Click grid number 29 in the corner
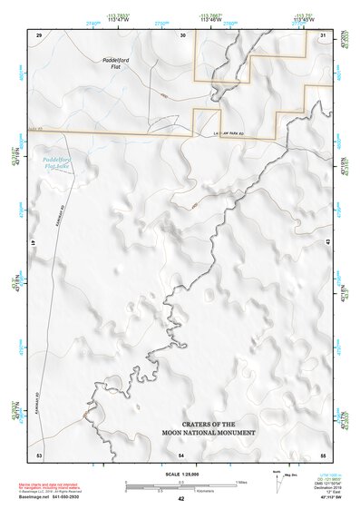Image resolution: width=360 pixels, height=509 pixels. (39, 34)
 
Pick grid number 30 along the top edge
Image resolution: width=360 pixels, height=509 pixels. (182, 34)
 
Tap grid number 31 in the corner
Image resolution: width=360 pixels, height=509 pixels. (324, 34)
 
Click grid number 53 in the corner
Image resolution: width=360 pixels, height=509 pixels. (39, 454)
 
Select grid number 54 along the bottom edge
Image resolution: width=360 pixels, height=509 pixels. (181, 454)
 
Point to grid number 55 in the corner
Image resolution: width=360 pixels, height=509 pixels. (323, 454)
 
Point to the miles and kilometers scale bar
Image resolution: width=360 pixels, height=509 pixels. (180, 485)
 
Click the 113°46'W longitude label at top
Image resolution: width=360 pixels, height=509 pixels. (210, 19)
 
